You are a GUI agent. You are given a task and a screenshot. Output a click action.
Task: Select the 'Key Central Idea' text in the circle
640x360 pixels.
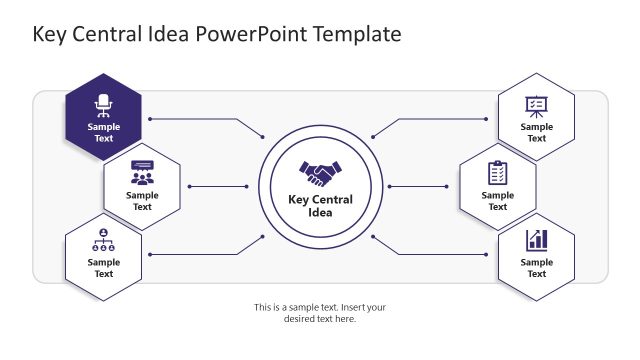[320, 205]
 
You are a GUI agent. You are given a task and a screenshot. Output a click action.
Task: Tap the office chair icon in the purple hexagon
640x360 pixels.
[103, 104]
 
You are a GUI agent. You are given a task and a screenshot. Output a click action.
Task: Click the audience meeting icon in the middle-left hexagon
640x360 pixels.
[142, 172]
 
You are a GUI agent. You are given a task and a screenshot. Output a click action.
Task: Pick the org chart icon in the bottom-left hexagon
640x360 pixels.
[103, 240]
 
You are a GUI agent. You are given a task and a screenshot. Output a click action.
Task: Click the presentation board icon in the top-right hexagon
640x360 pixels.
[537, 105]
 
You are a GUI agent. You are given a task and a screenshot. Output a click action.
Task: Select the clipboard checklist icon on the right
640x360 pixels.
[497, 172]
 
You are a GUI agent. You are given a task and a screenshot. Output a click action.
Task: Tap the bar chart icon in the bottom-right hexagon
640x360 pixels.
[537, 240]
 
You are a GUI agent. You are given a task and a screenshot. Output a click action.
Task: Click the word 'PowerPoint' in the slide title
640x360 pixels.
[254, 34]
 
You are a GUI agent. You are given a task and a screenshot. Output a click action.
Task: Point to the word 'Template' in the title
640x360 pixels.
[357, 34]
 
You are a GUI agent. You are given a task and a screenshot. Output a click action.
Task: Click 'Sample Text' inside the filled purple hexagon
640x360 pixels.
[103, 133]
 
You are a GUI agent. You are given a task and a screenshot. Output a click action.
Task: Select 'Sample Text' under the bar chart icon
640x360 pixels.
[537, 268]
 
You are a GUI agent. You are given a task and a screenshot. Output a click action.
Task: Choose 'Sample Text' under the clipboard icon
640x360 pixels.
[497, 201]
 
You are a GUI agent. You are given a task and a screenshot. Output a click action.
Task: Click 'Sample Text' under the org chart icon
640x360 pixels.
[103, 268]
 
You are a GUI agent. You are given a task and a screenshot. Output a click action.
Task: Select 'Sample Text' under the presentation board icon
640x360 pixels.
[537, 133]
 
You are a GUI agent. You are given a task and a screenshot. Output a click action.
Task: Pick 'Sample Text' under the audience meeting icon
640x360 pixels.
[142, 201]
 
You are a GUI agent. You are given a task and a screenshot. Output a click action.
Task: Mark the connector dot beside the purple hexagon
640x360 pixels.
[150, 119]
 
